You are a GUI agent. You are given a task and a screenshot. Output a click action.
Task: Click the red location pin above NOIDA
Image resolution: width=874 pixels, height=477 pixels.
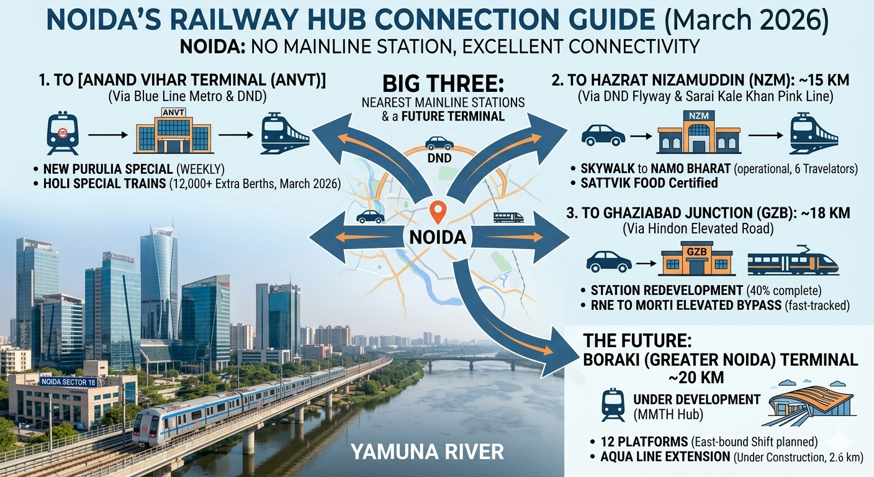pos(438,211)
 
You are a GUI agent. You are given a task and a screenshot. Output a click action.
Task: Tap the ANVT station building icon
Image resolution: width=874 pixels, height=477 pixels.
pos(173,132)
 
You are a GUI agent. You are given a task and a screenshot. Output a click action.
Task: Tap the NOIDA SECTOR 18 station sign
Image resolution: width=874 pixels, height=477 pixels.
pos(68,381)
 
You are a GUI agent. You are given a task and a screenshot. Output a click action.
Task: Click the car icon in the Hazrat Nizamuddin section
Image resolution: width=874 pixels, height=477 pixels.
pos(603,135)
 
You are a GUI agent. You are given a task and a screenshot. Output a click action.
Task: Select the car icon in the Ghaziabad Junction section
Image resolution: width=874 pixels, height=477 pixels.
pos(608,261)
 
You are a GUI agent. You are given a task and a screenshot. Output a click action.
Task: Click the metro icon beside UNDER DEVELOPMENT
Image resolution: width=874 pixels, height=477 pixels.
pos(613,404)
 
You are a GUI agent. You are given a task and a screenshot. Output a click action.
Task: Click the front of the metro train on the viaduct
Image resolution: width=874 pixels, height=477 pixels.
pos(147,429)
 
